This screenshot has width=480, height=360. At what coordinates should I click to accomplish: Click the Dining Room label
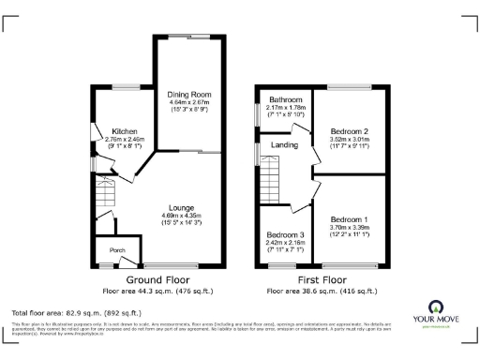click(190, 95)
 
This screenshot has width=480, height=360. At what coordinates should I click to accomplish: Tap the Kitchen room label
click(125, 131)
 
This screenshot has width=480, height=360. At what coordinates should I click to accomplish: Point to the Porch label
click(117, 249)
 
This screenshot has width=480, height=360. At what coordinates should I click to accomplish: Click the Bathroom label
click(286, 99)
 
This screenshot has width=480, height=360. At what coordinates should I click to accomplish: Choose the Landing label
click(284, 144)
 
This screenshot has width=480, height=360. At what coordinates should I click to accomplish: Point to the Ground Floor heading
click(157, 280)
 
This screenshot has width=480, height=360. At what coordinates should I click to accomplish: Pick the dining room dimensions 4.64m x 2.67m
click(190, 103)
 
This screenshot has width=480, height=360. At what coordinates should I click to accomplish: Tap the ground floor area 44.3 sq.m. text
click(157, 291)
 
